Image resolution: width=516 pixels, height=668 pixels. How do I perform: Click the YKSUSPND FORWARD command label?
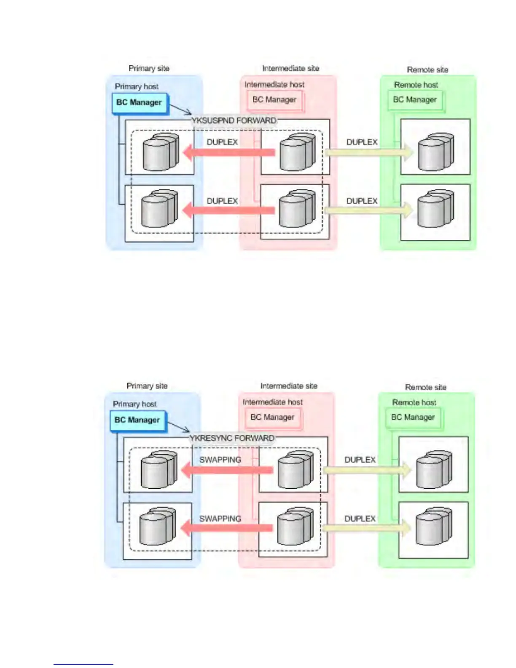[x=234, y=121]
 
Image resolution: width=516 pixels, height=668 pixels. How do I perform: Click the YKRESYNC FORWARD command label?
[x=232, y=438]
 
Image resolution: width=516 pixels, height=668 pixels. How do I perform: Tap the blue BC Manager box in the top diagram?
[x=139, y=102]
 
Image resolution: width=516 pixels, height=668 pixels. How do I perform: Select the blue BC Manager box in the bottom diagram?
[x=137, y=420]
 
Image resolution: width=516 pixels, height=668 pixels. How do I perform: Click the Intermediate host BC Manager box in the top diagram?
[x=274, y=100]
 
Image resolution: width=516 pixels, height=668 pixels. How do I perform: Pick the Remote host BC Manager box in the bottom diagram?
[x=413, y=417]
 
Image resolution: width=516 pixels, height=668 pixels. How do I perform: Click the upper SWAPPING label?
[x=220, y=460]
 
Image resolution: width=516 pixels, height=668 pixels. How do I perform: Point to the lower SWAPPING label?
[x=220, y=519]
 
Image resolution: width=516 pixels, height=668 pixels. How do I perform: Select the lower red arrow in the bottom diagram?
[x=228, y=528]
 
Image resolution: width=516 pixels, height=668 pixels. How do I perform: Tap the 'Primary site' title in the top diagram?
[x=149, y=68]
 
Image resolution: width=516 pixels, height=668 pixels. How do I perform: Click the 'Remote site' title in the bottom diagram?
[x=425, y=387]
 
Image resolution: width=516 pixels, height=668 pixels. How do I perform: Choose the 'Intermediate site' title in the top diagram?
[x=290, y=68]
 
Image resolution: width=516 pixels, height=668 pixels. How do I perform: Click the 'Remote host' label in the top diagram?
[x=416, y=85]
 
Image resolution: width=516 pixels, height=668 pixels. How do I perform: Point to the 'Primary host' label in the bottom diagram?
[x=134, y=404]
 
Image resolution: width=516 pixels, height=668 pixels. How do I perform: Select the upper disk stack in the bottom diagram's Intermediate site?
[x=295, y=469]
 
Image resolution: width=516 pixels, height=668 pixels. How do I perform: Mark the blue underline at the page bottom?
[x=83, y=664]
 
